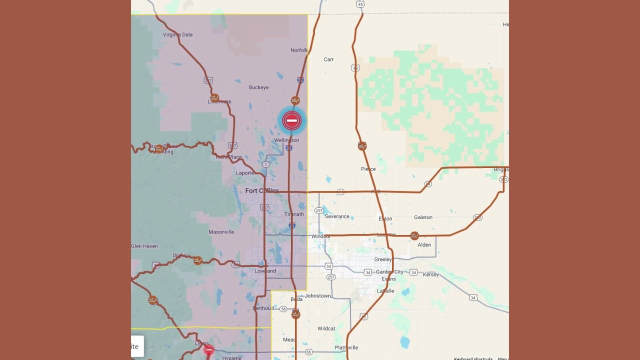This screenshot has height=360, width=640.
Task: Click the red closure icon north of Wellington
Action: point(291,120)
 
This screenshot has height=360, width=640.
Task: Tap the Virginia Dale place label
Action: point(177,35)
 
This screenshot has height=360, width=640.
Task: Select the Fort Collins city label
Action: point(262,191)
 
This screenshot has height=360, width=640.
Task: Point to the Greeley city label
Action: point(383,259)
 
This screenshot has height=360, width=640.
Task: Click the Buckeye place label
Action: point(258,87)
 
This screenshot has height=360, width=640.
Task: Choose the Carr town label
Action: point(328,59)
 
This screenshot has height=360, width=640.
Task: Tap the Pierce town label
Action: point(368,169)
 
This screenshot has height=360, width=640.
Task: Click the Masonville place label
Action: point(221,232)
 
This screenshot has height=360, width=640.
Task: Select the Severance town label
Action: point(337,216)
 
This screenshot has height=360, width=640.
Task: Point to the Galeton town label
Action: point(423,217)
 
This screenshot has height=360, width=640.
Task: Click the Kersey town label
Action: point(430,274)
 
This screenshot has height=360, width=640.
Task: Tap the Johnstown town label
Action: point(317,296)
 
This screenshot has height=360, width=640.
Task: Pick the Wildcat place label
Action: point(326,328)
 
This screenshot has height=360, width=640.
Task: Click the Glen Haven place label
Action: point(144,246)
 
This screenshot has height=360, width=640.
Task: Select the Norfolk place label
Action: point(299,50)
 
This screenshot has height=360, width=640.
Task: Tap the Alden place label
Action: point(424,245)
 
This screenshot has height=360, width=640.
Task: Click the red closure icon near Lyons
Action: point(209,350)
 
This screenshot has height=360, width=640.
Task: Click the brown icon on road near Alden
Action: point(414,235)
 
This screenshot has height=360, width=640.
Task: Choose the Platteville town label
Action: point(346,347)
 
